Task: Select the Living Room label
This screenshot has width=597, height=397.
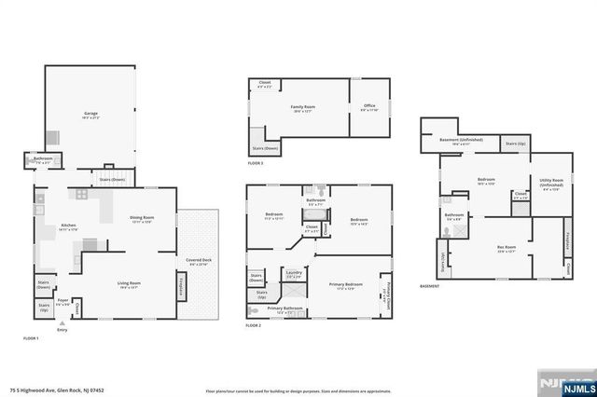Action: click(x=129, y=284)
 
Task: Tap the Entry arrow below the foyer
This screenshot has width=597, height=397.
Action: click(x=62, y=323)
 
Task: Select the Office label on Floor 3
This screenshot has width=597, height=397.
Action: click(x=368, y=108)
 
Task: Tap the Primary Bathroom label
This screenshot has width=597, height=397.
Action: click(x=285, y=309)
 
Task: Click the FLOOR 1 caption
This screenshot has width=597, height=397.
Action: click(x=31, y=338)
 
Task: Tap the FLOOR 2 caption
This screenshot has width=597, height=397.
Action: click(x=255, y=325)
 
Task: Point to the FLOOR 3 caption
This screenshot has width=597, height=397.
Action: click(x=256, y=163)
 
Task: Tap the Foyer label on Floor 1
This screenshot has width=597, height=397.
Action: click(x=63, y=302)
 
